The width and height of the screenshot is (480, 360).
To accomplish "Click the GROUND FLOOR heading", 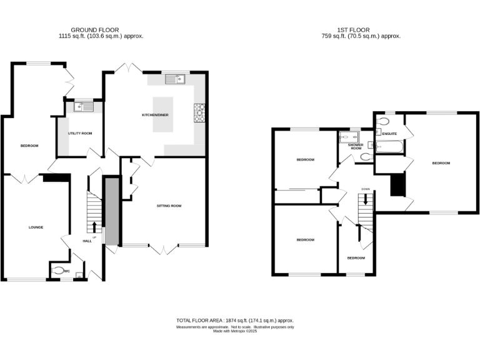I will [94, 29].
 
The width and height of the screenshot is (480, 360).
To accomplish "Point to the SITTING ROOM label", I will [169, 206].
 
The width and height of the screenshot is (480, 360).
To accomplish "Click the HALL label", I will [87, 241].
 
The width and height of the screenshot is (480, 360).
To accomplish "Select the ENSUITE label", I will [390, 133].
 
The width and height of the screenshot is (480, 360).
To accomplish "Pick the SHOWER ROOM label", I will [356, 146].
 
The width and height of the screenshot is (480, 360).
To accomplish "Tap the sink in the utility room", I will [82, 107].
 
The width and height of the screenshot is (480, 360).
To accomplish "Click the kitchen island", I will [162, 114].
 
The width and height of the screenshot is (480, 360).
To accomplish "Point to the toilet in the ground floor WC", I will [59, 271].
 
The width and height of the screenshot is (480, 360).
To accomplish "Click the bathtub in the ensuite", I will [389, 147].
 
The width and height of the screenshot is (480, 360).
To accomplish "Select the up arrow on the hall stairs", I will [95, 227].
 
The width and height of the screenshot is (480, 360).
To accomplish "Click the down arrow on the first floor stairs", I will [365, 201].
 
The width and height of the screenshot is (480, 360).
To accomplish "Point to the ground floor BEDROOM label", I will [29, 146].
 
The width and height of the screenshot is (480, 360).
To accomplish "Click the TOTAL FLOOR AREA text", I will [235, 321].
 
